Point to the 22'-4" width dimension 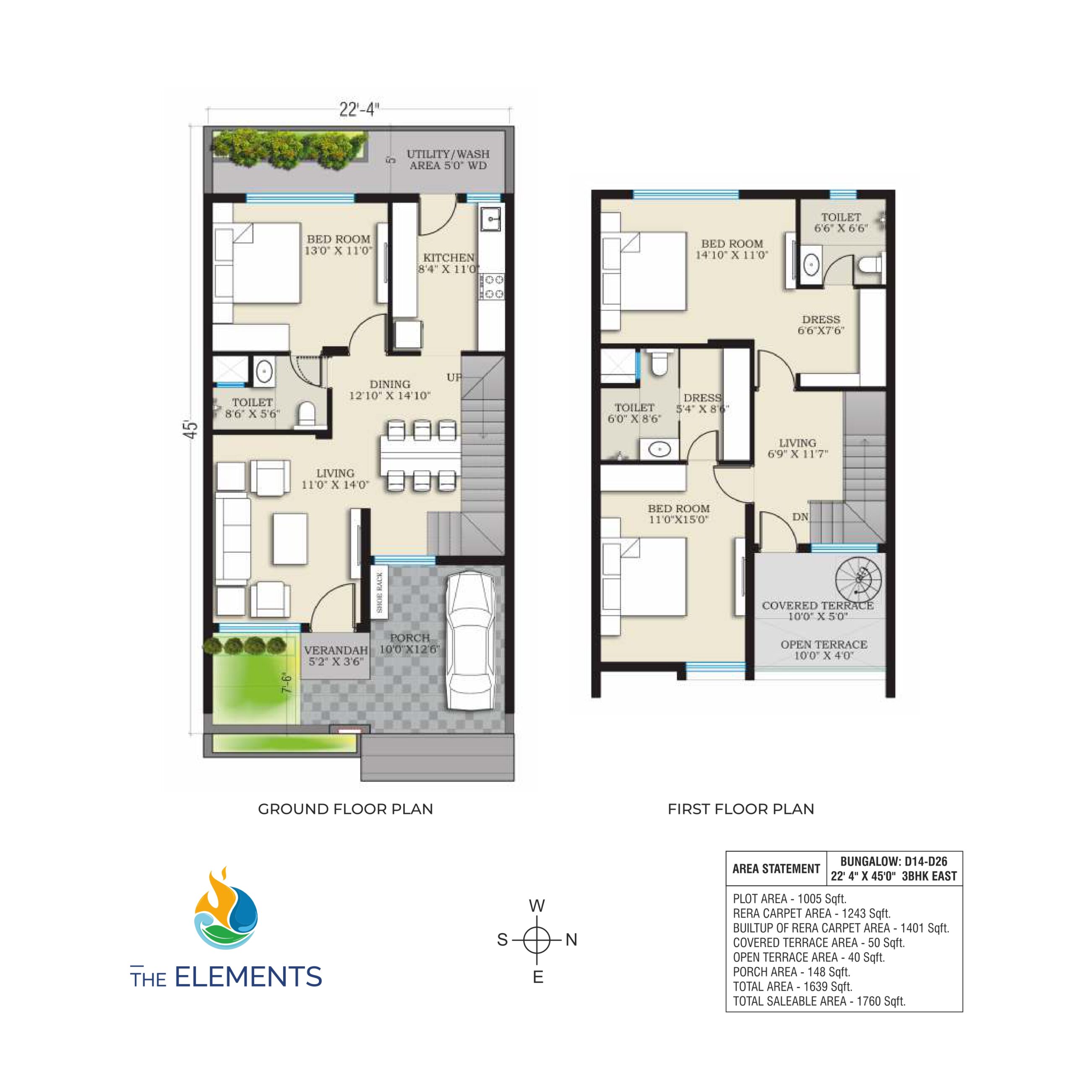coord(359,109)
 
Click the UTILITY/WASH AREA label coord(448,159)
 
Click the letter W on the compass coord(537,906)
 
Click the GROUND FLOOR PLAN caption coord(345,809)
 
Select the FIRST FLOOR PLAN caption coord(740,809)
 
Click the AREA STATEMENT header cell coord(776,869)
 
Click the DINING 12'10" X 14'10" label coord(390,390)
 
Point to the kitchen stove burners coord(491,286)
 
